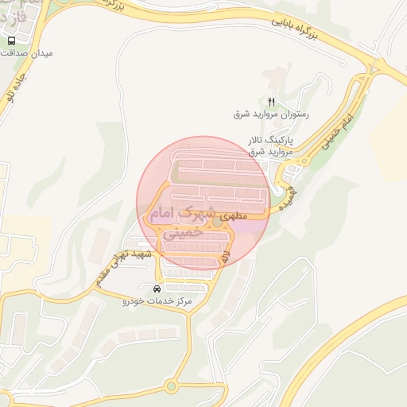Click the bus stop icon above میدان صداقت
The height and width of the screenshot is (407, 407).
(11, 41)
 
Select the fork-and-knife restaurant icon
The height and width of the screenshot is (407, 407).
(271, 102)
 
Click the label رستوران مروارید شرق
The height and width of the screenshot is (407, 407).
(271, 114)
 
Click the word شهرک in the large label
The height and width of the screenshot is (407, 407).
(200, 213)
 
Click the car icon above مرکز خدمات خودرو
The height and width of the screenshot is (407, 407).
(157, 288)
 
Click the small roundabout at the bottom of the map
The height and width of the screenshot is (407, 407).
(171, 387)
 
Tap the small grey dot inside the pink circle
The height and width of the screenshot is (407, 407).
(217, 221)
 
